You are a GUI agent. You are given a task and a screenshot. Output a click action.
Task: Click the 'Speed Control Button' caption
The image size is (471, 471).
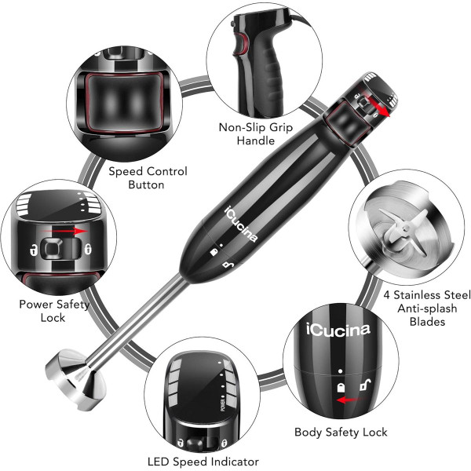[x=148, y=177]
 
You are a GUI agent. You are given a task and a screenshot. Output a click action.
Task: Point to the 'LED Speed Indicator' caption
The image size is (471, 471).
[x=203, y=462]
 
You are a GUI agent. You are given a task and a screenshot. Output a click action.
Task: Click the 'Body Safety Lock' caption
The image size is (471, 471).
[x=341, y=432]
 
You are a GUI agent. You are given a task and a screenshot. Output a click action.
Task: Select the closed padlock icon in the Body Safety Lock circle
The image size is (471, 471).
[x=341, y=387]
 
